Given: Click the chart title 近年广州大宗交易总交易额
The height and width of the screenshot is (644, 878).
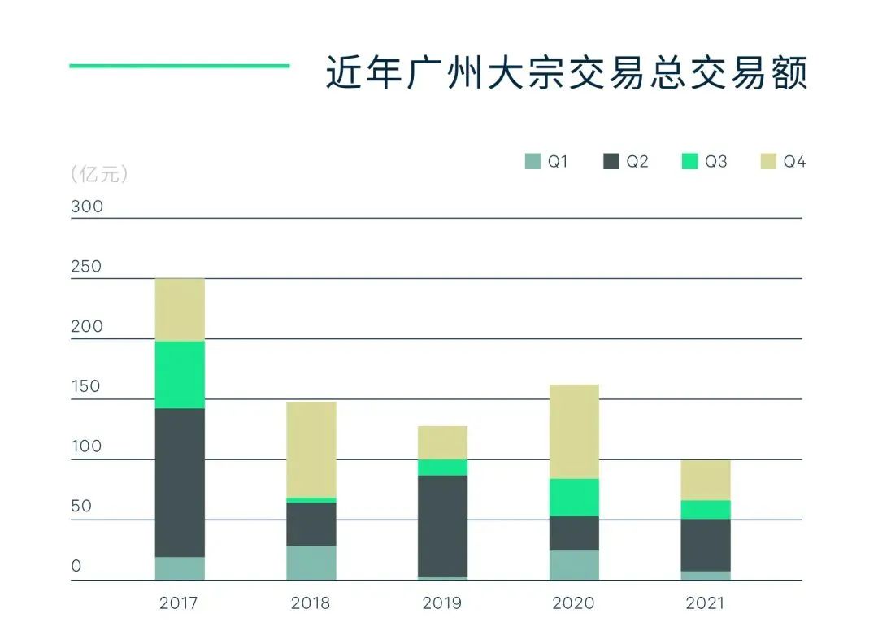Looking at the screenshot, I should click(566, 73).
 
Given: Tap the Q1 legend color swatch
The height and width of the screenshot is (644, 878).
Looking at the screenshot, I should click(532, 162).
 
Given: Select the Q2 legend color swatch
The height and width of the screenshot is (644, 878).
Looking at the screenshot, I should click(611, 162).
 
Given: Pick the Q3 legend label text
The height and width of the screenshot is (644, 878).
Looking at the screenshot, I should click(715, 162).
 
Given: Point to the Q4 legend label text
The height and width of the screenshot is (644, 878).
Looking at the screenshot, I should click(794, 162).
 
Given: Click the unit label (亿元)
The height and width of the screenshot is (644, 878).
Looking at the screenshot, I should click(99, 174).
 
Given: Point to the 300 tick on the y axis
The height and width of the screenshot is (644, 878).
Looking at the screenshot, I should click(87, 207).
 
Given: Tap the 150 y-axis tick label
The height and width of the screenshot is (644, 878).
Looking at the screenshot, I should click(87, 386).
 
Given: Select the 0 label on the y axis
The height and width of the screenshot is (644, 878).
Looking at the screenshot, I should click(76, 566).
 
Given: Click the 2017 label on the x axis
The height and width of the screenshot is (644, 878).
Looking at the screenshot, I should click(179, 603).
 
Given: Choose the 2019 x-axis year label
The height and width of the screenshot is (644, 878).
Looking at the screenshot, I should click(442, 603).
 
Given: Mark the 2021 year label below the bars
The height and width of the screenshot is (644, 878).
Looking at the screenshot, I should click(705, 603).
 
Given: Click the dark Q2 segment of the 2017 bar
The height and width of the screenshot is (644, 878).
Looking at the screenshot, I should click(180, 482).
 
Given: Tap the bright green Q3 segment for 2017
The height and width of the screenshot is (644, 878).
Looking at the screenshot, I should click(180, 374).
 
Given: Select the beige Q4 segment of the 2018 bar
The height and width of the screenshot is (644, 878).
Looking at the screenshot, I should click(311, 450).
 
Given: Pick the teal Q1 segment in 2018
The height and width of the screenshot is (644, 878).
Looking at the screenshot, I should click(311, 563).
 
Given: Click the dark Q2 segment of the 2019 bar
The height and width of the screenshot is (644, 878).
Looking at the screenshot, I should click(443, 525).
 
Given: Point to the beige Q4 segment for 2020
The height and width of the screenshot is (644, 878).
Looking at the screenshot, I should click(574, 431).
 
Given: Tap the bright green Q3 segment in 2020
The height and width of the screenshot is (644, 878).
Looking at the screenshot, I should click(574, 497).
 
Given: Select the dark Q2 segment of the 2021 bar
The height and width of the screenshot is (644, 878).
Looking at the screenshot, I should click(706, 545).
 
